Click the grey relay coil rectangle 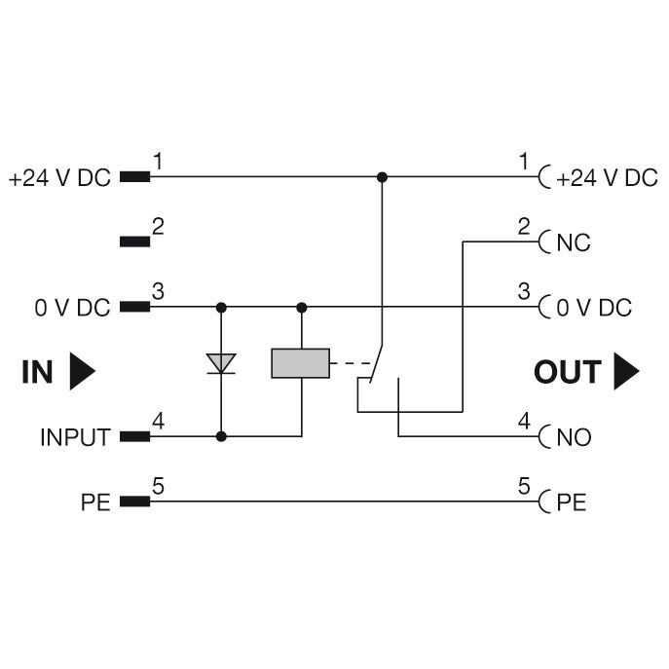point(301,363)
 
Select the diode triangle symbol point(222,363)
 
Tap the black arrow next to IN point(83,372)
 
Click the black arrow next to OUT point(626,372)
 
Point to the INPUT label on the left point(75,437)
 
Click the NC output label point(574,242)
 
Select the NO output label point(574,437)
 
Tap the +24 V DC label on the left point(60,178)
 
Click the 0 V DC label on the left point(73,308)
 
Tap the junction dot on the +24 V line point(382,177)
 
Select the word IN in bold point(37,372)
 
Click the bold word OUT point(569,372)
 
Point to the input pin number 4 point(157,423)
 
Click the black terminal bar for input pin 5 point(134,502)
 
